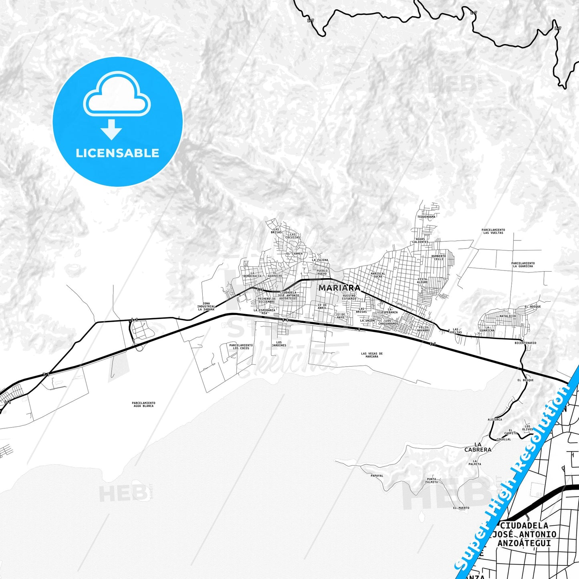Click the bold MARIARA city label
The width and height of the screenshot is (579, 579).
(x=339, y=288)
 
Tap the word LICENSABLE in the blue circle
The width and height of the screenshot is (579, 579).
(x=117, y=153)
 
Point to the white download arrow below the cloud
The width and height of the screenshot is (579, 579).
(x=111, y=129)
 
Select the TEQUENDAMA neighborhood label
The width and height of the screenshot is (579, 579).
(x=426, y=217)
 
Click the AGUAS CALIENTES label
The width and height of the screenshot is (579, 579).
(x=420, y=240)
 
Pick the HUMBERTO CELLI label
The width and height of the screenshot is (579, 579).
(x=438, y=257)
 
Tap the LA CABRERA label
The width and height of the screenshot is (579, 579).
(x=478, y=447)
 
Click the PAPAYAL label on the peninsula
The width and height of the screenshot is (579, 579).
(x=377, y=476)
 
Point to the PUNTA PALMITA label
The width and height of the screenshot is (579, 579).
(x=432, y=480)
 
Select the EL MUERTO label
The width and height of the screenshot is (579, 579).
(x=461, y=508)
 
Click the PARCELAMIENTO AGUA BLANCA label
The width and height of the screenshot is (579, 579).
(x=143, y=404)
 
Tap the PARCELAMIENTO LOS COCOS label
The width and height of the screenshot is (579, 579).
(x=241, y=347)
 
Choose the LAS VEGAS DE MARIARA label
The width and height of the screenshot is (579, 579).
(x=371, y=355)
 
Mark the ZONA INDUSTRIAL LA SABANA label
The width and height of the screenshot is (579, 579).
(x=206, y=307)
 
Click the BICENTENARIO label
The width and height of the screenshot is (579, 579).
(x=525, y=343)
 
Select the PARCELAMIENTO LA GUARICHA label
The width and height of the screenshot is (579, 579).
(x=523, y=265)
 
